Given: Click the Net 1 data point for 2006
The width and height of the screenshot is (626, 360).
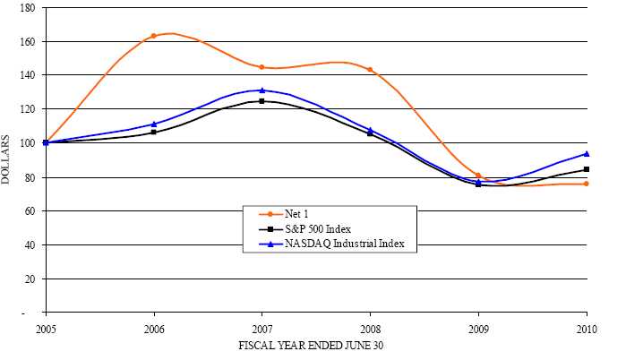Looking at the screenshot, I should [x=153, y=36].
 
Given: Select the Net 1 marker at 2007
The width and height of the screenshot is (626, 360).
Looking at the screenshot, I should [x=262, y=67].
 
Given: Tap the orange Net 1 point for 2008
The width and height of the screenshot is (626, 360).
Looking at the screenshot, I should [x=370, y=70].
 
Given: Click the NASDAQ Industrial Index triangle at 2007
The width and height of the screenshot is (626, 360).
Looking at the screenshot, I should [x=262, y=90].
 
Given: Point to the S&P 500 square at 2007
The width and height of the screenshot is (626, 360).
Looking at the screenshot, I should [x=262, y=101].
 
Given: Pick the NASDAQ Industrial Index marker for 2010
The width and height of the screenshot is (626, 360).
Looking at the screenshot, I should [x=587, y=154].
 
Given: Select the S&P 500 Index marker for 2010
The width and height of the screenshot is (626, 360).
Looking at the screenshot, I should [x=587, y=169].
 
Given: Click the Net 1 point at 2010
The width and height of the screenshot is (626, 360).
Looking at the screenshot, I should [x=587, y=184].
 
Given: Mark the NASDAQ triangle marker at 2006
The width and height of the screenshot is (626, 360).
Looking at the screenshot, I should [x=153, y=124].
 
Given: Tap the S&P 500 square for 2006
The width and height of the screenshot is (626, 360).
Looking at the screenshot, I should [x=153, y=132].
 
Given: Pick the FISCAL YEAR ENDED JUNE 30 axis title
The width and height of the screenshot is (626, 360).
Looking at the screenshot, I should [x=315, y=345].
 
